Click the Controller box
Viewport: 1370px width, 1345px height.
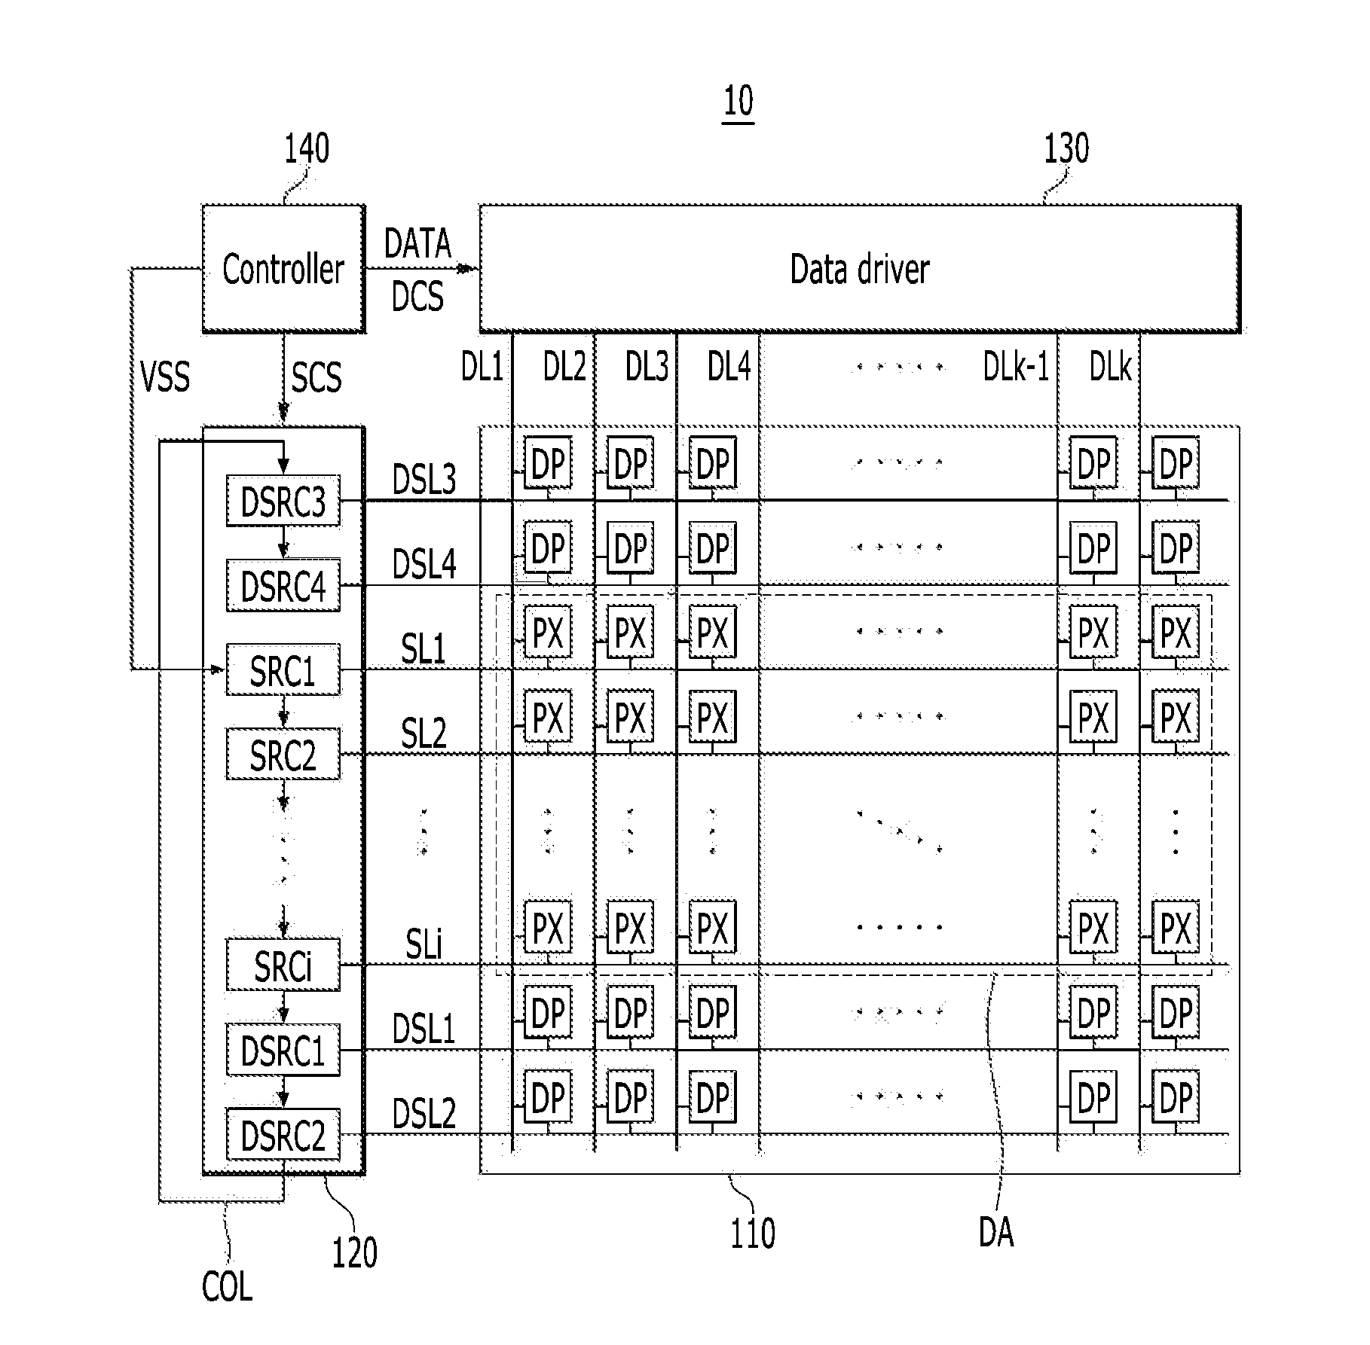point(283,268)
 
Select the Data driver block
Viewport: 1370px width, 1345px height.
point(860,268)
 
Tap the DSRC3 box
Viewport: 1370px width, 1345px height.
point(283,501)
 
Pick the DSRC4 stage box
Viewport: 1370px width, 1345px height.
point(283,585)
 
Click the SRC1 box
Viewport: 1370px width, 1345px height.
point(283,669)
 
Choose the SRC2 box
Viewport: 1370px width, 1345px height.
point(283,754)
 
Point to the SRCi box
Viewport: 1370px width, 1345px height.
point(283,965)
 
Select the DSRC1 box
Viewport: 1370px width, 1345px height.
point(283,1049)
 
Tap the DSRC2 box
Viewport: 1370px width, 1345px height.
point(283,1134)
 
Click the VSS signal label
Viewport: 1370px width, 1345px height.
point(165,376)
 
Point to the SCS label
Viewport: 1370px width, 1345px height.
point(317,377)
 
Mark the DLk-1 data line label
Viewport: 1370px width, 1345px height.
point(1016,367)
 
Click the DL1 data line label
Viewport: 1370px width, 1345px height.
point(482,367)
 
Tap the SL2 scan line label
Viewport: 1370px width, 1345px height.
point(424,733)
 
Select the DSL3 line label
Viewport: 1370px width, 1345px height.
point(424,479)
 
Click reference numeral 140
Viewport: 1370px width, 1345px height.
point(306,149)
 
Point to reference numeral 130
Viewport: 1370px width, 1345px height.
point(1066,149)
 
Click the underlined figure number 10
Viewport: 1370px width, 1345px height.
point(739,102)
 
